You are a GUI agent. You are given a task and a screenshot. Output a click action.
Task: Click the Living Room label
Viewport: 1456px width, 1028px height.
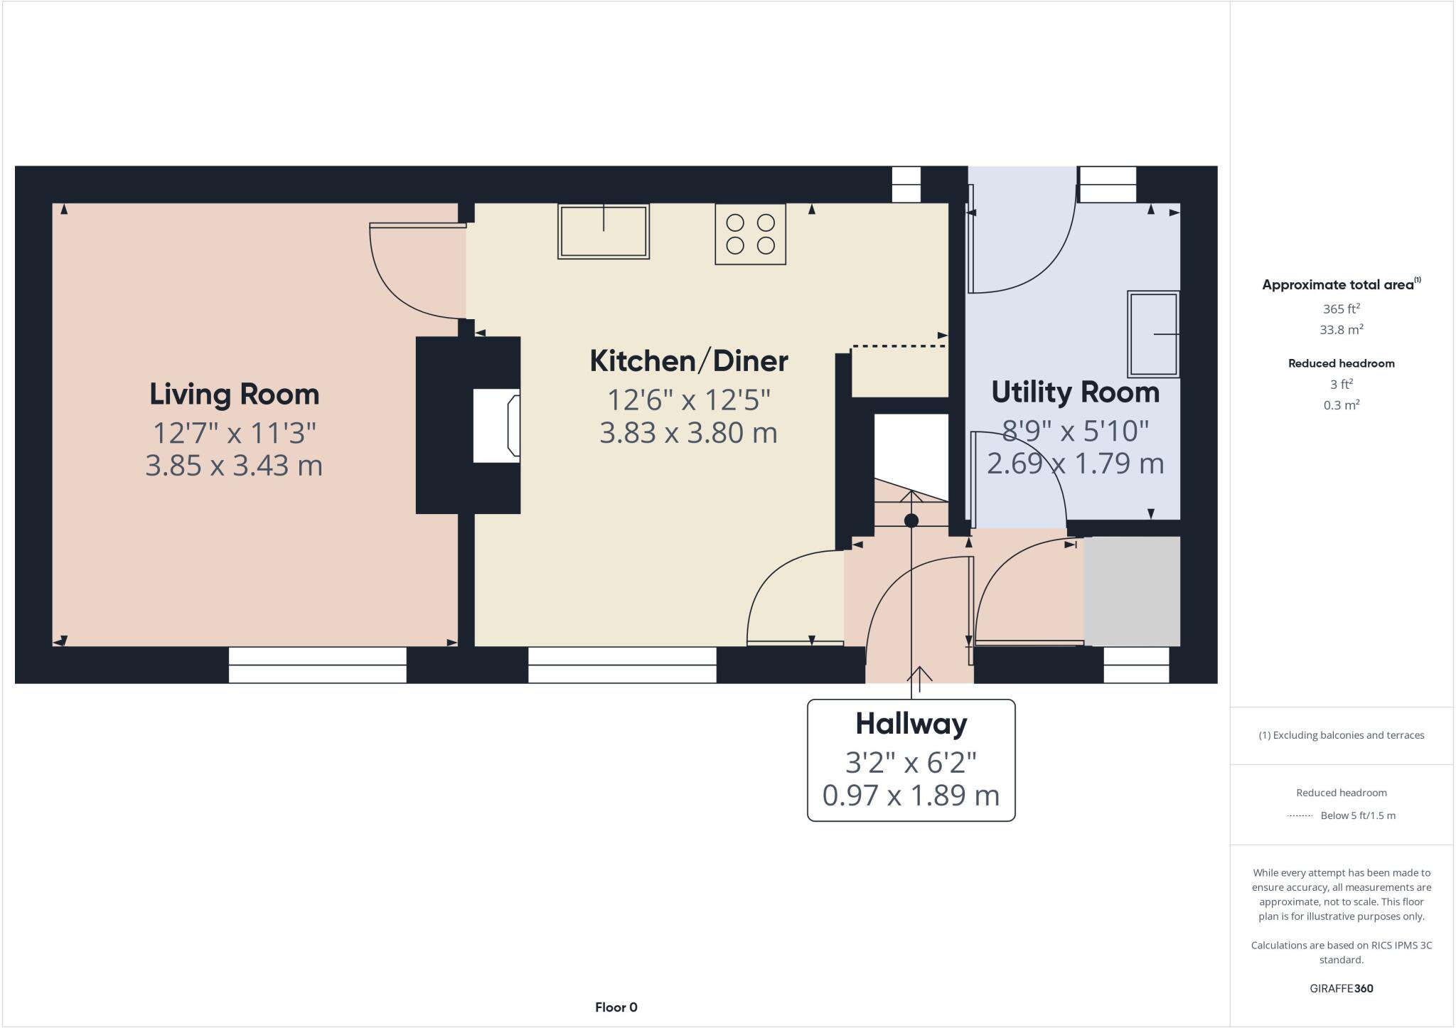[x=234, y=395]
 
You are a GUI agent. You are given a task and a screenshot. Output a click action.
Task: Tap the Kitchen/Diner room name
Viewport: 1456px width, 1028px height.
[x=688, y=361]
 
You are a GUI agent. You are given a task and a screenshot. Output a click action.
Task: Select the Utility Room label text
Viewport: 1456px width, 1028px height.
[x=1075, y=392]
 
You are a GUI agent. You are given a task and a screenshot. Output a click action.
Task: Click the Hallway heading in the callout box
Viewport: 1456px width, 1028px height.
[x=911, y=724]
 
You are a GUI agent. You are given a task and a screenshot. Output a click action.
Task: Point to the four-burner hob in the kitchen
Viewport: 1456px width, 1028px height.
[x=750, y=234]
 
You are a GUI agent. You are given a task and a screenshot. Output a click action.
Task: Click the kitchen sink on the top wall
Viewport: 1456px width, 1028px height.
[x=603, y=232]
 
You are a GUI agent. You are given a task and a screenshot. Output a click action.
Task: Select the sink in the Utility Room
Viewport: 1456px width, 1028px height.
[x=1152, y=334]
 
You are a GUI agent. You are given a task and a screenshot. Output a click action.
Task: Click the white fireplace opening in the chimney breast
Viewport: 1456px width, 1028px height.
[x=496, y=425]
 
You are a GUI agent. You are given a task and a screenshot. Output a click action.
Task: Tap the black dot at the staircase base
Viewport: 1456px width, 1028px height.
[x=911, y=520]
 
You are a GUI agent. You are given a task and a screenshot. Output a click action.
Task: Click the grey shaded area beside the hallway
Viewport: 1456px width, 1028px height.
[x=1131, y=591]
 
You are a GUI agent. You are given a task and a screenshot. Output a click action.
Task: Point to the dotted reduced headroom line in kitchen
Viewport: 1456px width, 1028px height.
[x=899, y=346]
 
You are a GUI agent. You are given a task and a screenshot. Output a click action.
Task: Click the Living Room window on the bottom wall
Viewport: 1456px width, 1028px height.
[x=317, y=665]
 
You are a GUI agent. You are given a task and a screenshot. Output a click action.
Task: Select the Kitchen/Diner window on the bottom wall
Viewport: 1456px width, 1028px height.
[x=621, y=665]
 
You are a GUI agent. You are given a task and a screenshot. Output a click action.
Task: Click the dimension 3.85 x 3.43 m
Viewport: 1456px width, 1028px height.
[x=234, y=466]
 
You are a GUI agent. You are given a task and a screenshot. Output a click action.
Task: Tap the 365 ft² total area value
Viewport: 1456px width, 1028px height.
[x=1341, y=309]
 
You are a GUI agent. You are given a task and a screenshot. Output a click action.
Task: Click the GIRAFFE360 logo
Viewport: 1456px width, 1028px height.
[x=1341, y=988]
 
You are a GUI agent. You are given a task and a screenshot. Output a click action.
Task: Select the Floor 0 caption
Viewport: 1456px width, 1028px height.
[x=616, y=1007]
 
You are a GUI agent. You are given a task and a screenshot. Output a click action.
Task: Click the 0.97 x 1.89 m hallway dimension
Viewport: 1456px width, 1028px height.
[x=911, y=795]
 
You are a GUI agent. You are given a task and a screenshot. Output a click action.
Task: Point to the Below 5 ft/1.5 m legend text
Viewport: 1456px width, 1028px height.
[x=1357, y=815]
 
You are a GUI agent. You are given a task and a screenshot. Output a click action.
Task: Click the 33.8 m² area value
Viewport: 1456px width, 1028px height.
[x=1341, y=330]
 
